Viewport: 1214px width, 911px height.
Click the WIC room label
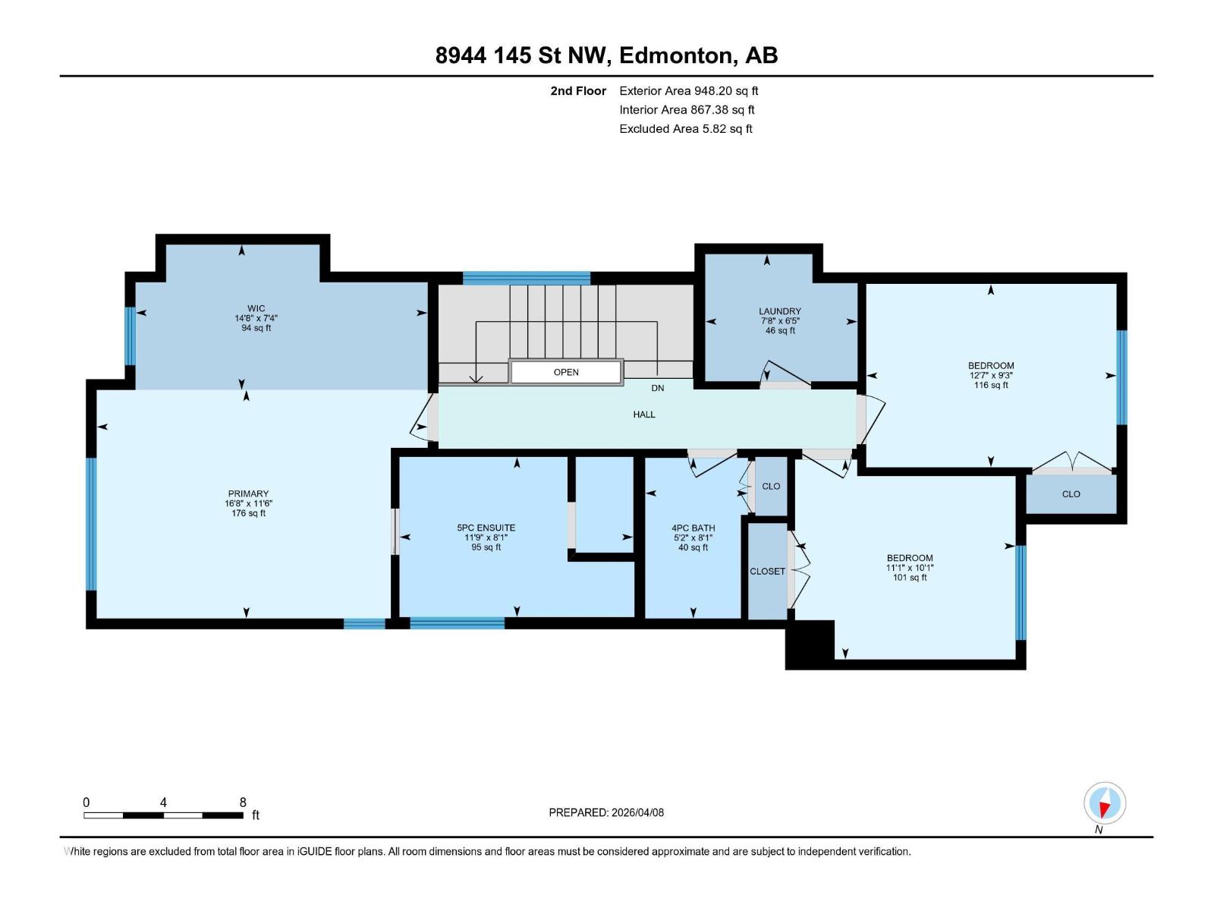tap(256, 308)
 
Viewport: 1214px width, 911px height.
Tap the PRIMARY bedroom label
tap(248, 493)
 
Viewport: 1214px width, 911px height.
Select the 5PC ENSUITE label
tap(486, 528)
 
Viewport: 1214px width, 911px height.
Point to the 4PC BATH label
tap(693, 528)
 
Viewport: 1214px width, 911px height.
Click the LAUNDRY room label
tap(780, 311)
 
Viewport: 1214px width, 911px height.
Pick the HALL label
tap(643, 415)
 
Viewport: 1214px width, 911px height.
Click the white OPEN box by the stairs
tap(566, 372)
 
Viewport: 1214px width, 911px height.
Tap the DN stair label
tap(657, 388)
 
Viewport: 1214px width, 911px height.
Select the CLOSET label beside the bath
tap(767, 572)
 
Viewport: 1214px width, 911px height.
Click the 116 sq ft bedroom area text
tap(991, 385)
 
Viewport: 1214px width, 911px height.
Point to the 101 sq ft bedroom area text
tap(909, 578)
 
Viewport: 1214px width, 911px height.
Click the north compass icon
tap(1105, 803)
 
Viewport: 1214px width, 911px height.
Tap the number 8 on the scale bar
tap(243, 802)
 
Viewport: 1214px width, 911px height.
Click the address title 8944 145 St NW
tap(522, 55)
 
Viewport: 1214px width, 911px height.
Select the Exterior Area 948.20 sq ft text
tap(689, 90)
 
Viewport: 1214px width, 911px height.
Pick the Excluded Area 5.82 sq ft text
tap(686, 129)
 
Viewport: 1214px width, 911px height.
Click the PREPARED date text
tap(606, 812)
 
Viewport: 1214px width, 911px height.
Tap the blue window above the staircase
tap(527, 278)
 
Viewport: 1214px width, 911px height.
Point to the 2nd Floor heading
tap(578, 91)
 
